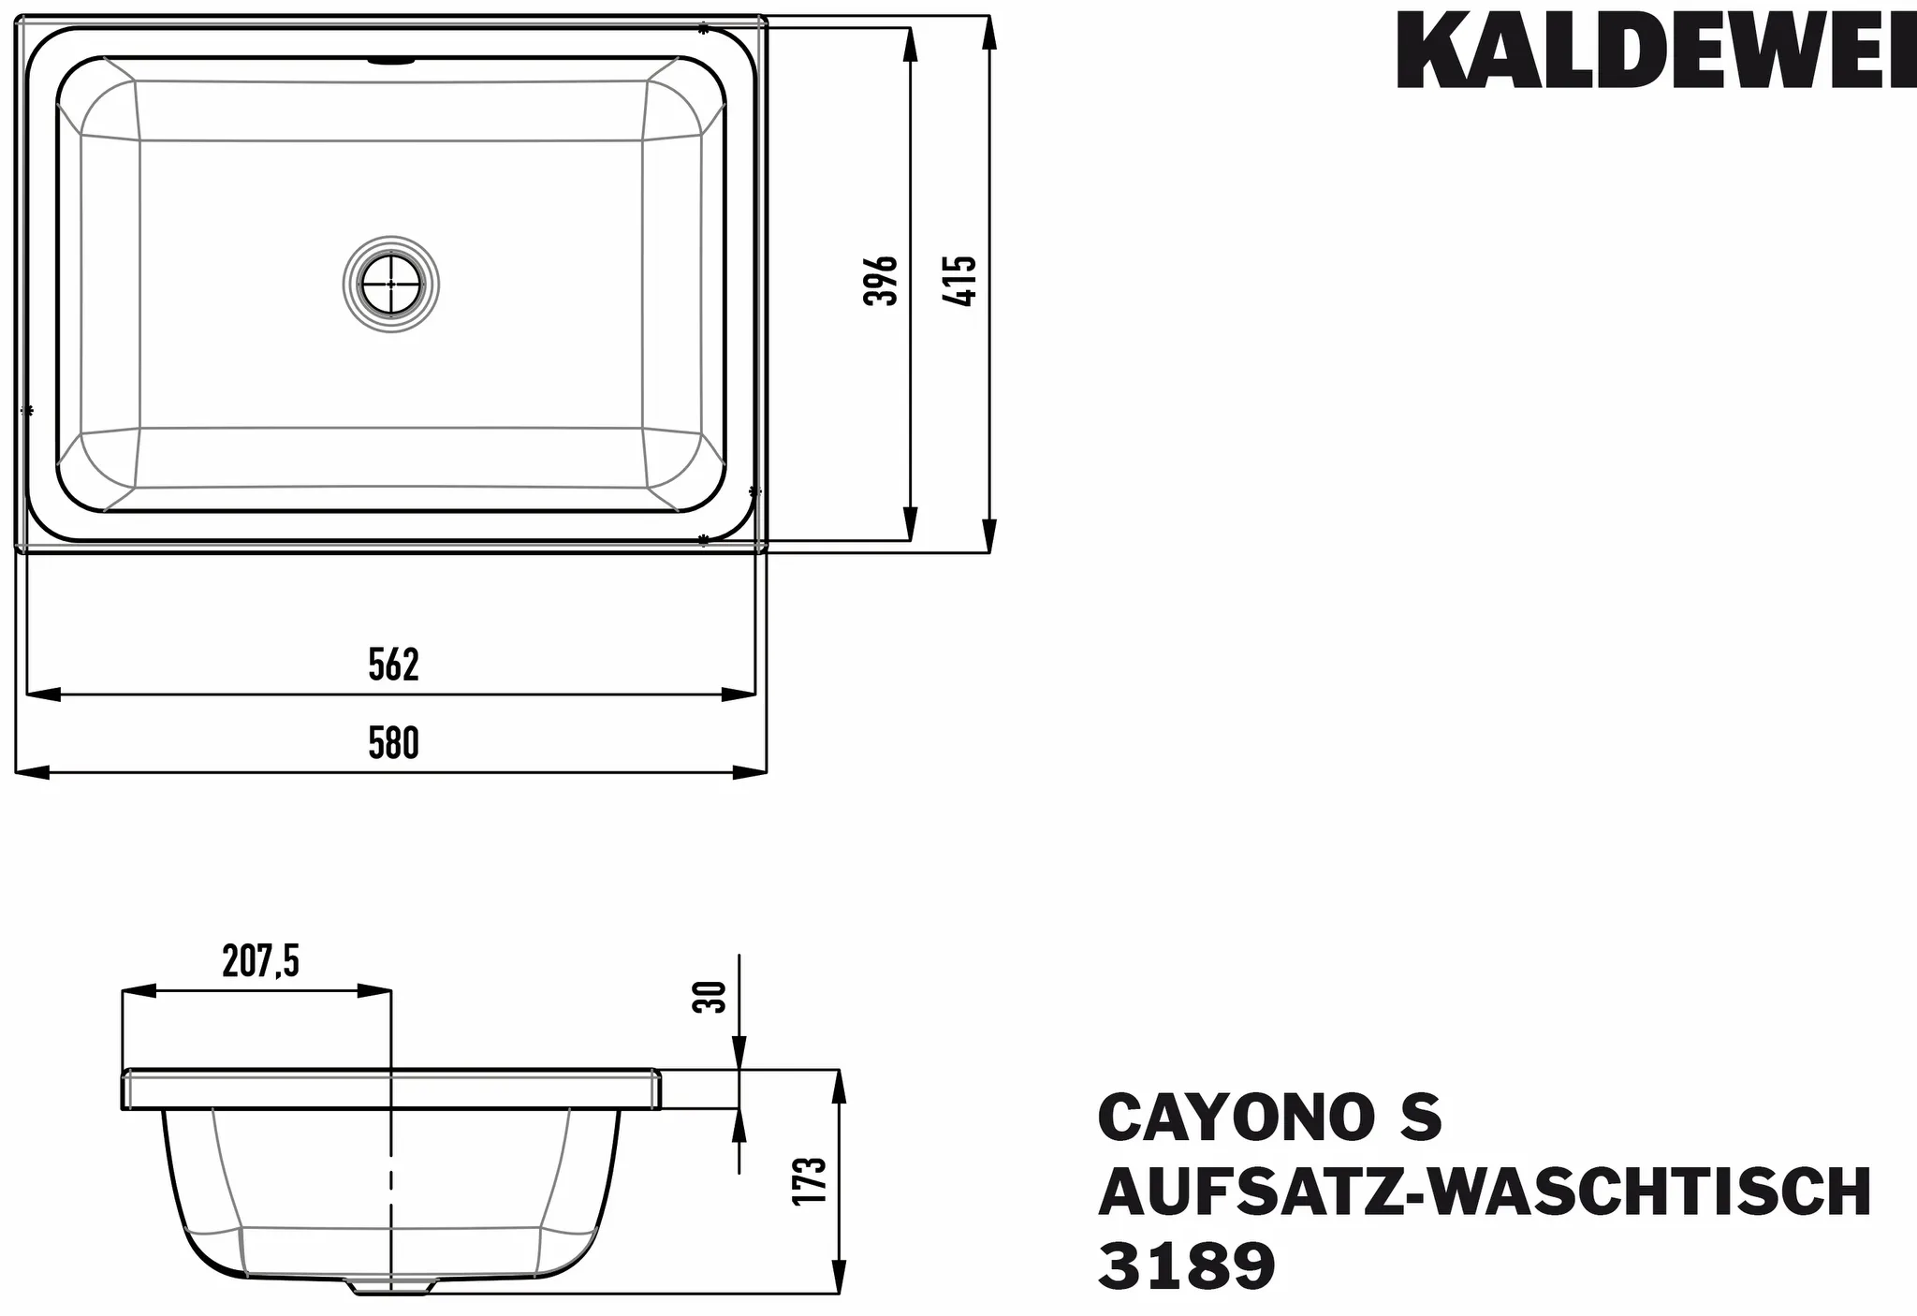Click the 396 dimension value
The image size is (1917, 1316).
pyautogui.click(x=880, y=280)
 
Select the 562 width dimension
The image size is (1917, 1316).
pyautogui.click(x=393, y=664)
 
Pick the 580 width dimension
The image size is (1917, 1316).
pyautogui.click(x=393, y=743)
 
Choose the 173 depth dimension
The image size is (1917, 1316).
pyautogui.click(x=811, y=1180)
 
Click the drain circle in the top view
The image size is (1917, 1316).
pyautogui.click(x=390, y=284)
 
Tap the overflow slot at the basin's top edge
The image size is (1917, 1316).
pyautogui.click(x=391, y=62)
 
